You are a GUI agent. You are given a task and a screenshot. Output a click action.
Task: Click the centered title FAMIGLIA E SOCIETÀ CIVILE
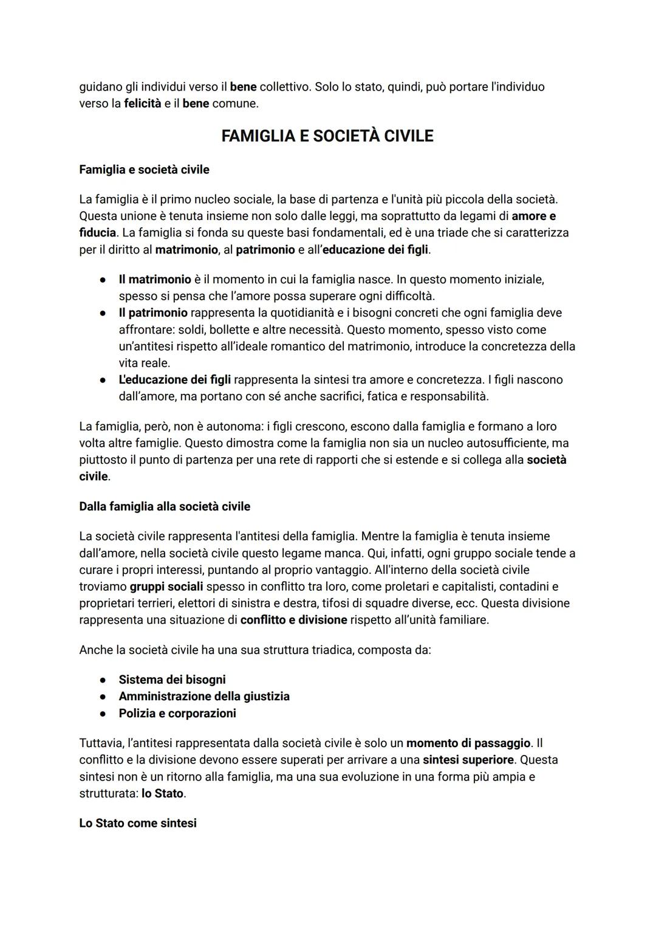[327, 136]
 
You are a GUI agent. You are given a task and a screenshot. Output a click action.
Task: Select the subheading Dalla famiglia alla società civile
[165, 506]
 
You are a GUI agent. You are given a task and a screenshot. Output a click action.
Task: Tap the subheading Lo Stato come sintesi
[138, 823]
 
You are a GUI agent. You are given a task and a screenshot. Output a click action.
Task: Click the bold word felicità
[143, 103]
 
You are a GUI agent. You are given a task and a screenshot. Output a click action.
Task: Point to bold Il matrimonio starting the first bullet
[155, 279]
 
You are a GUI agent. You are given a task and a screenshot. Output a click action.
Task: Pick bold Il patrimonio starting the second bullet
[153, 312]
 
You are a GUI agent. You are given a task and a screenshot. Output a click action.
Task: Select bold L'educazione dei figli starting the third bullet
[174, 379]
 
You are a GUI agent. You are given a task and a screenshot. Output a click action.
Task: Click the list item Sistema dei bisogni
[172, 680]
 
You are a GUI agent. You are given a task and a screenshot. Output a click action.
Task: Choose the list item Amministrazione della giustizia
[204, 696]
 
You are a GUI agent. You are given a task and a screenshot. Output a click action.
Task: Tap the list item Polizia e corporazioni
[177, 713]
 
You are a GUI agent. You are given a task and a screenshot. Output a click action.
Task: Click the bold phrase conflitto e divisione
[293, 620]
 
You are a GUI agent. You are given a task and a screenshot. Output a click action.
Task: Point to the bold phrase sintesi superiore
[468, 760]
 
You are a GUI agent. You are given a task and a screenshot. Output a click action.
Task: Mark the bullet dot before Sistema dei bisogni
[103, 680]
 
